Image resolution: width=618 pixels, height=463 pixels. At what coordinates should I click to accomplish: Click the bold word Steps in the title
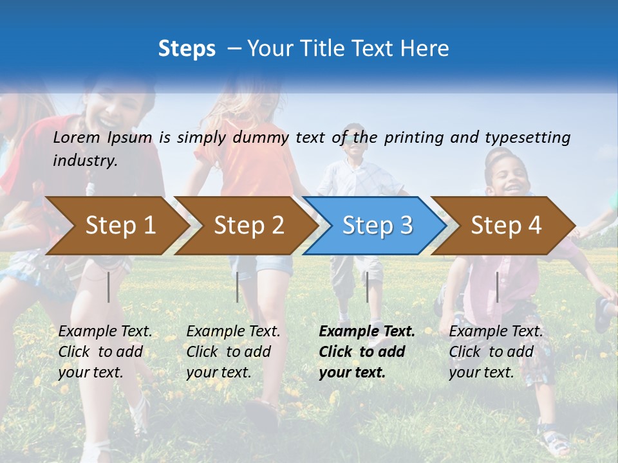coord(187,49)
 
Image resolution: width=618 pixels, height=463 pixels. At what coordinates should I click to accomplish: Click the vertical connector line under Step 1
coord(109,287)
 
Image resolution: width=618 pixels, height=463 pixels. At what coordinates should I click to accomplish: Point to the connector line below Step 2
coord(238,287)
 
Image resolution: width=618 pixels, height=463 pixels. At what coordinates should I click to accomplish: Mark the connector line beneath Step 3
coord(367,287)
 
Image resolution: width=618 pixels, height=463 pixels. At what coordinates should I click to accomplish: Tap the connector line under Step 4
coord(497,287)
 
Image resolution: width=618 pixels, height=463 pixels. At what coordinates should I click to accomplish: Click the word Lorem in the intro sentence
coord(77,137)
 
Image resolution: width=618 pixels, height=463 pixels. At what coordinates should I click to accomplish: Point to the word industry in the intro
coord(85,161)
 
